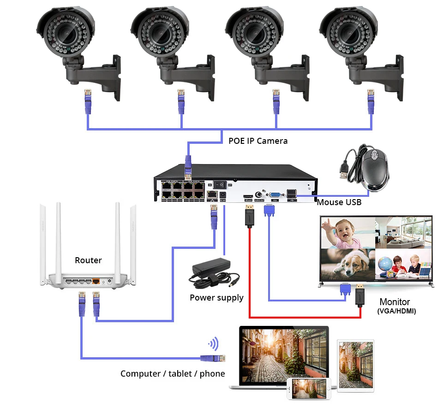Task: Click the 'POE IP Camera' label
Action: pyautogui.click(x=258, y=141)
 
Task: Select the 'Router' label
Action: pyautogui.click(x=88, y=260)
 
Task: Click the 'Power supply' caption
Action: pyautogui.click(x=216, y=298)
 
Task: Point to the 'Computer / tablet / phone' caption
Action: pyautogui.click(x=173, y=373)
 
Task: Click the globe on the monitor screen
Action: pyautogui.click(x=385, y=264)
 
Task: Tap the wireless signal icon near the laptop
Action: pyautogui.click(x=213, y=344)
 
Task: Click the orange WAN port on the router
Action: pyautogui.click(x=96, y=280)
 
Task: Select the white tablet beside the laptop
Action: pyautogui.click(x=355, y=364)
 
